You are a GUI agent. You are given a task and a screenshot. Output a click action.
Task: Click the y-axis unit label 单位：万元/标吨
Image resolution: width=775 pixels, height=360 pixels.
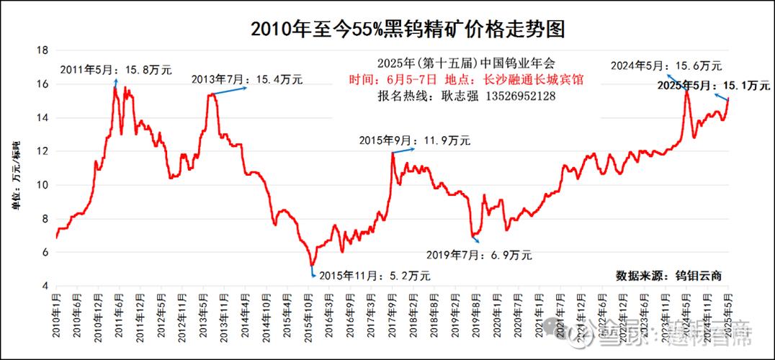[15, 176]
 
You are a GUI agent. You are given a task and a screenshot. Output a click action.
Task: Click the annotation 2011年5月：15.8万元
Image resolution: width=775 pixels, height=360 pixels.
[115, 70]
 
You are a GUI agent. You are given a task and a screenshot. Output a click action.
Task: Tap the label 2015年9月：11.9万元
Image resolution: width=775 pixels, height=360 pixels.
[414, 141]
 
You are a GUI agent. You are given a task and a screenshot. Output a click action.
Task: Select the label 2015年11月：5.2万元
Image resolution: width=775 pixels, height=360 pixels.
[375, 275]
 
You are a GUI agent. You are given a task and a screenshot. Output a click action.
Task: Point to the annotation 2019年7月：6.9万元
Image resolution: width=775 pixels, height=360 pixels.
[478, 254]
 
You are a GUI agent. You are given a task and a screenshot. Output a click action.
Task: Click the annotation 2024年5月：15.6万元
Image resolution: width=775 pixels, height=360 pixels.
[666, 66]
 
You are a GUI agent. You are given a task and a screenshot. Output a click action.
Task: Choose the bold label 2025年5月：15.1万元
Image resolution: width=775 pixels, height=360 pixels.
[714, 86]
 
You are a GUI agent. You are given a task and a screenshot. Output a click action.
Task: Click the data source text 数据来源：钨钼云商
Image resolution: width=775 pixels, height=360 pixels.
[669, 275]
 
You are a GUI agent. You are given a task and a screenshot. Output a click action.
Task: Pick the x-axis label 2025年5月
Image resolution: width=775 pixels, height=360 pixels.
[727, 317]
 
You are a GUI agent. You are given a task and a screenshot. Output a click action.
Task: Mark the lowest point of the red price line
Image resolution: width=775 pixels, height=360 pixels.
[312, 265]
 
